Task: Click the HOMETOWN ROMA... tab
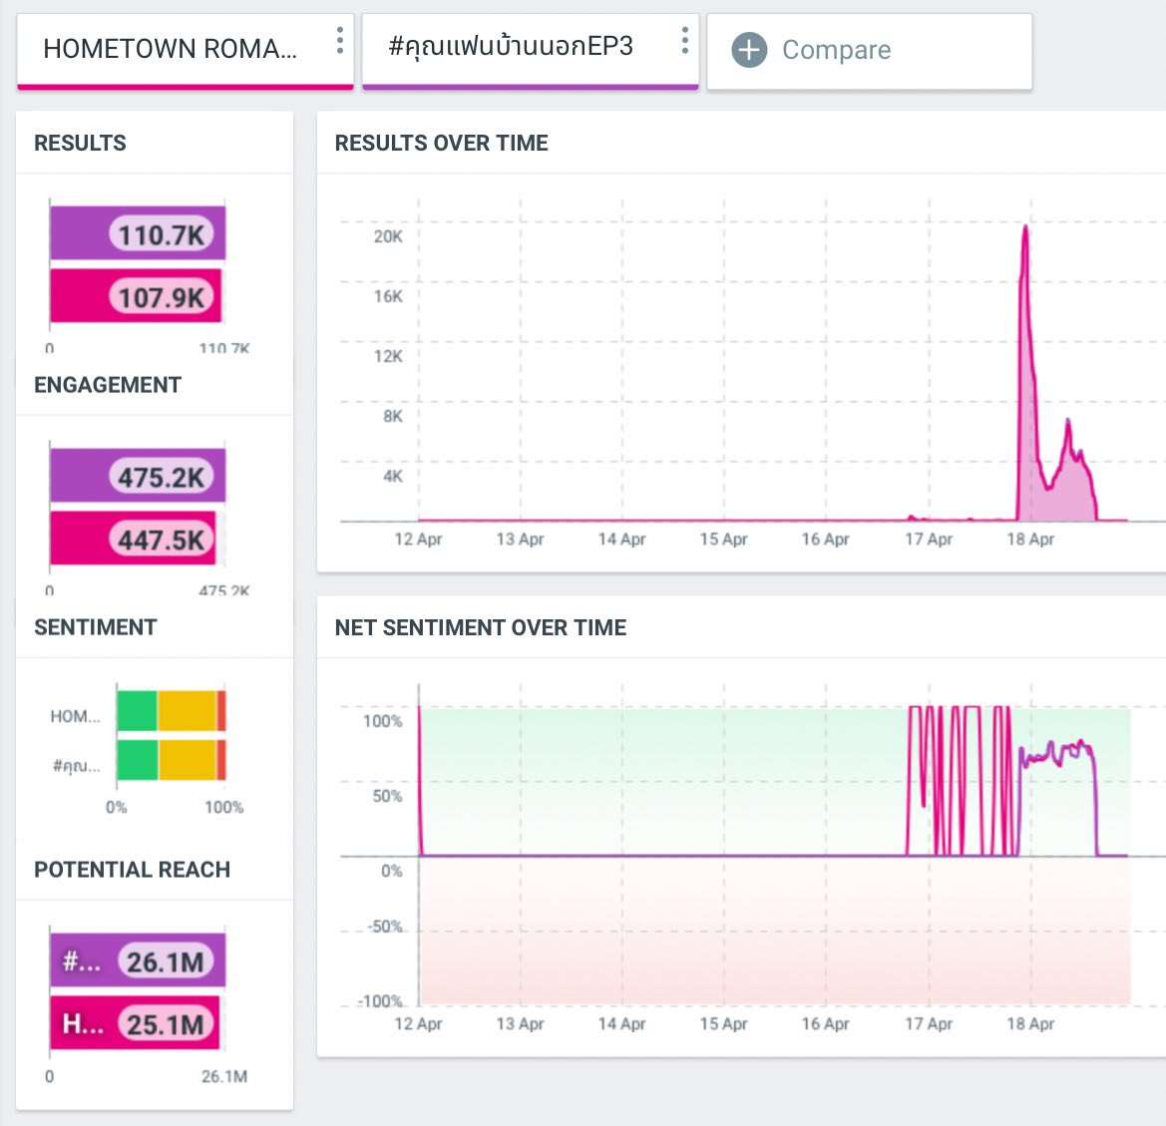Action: (x=170, y=49)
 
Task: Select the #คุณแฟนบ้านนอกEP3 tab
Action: (x=511, y=47)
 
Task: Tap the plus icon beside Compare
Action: (x=749, y=50)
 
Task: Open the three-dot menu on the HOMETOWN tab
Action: (x=340, y=41)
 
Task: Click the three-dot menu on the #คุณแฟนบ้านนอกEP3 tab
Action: (x=684, y=41)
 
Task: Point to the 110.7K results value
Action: (x=161, y=235)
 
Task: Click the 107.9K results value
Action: (x=161, y=297)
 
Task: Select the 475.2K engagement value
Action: (x=161, y=478)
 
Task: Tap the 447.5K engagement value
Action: (x=161, y=541)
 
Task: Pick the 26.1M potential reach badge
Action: (x=166, y=962)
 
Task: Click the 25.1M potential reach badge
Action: (x=166, y=1024)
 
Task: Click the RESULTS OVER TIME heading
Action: (x=441, y=143)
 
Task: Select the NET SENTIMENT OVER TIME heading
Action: (x=480, y=627)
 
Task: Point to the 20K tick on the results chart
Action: (x=388, y=236)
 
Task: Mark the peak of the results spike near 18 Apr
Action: (x=1024, y=226)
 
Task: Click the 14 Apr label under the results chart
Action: (x=621, y=540)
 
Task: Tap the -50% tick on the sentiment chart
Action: (x=385, y=927)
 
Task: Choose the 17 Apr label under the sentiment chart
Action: (x=928, y=1024)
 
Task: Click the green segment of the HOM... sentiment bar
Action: (x=137, y=711)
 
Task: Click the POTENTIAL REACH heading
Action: (x=132, y=870)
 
